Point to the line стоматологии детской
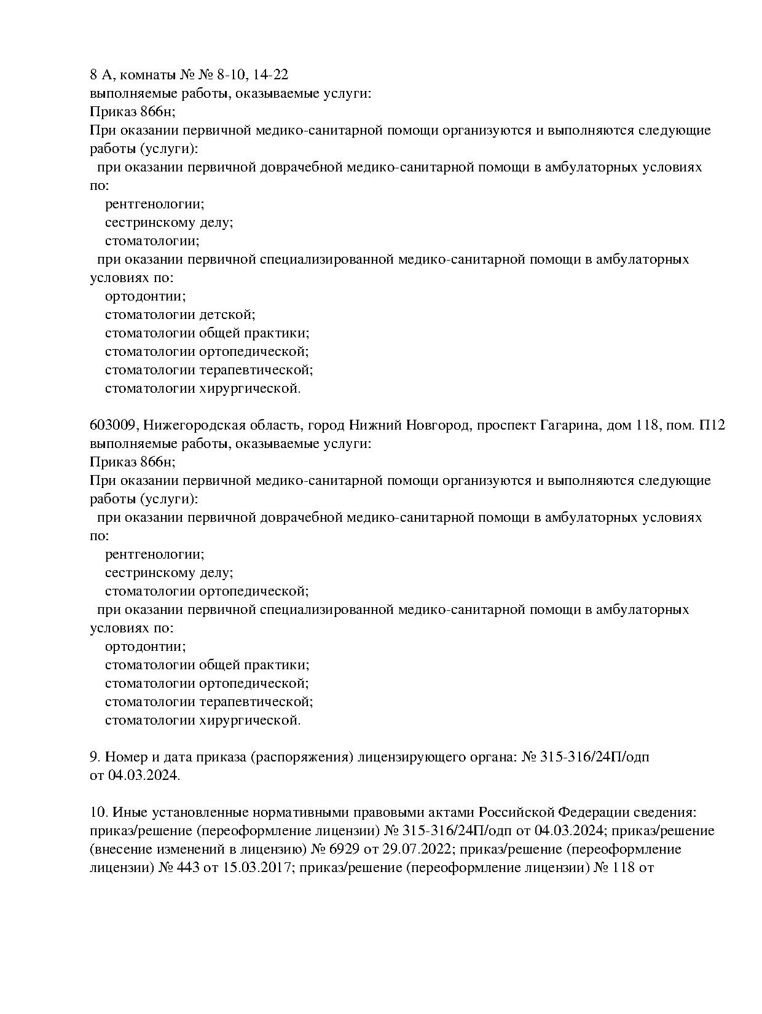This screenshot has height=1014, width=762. [179, 315]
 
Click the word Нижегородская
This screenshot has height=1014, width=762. [195, 425]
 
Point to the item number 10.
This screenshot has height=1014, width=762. [98, 812]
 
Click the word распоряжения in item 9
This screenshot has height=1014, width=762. [302, 757]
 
